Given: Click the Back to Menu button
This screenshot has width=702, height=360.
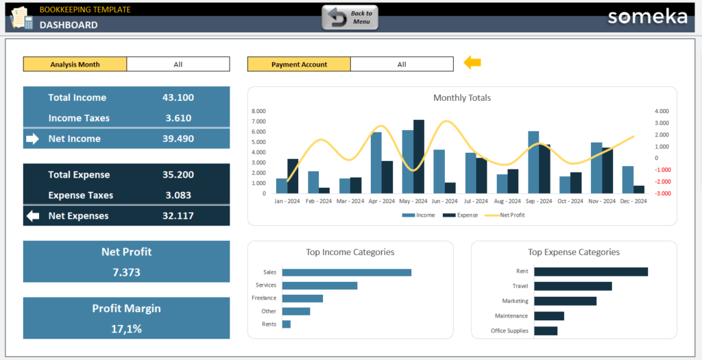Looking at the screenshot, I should (350, 18).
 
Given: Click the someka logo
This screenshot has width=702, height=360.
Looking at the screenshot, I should (647, 17).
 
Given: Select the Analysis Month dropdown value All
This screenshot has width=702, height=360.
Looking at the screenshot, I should (178, 64).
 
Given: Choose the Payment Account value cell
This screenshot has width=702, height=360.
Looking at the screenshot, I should (402, 64).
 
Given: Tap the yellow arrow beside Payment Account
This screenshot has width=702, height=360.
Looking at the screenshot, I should (472, 63).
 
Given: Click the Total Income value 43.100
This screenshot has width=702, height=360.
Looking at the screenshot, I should (178, 97).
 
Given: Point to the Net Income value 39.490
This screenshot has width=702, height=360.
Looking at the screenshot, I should (178, 139).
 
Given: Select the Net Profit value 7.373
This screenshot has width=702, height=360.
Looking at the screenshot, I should (126, 272).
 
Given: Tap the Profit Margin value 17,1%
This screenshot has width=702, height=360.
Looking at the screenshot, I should (126, 329).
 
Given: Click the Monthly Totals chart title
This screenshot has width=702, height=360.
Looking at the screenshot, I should (462, 98).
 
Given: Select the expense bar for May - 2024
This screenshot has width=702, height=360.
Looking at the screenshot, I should (419, 157).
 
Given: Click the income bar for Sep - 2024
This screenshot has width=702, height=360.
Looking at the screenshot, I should (533, 163).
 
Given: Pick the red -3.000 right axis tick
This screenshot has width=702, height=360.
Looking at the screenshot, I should (662, 193).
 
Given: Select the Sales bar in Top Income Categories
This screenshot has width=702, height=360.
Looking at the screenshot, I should (346, 272).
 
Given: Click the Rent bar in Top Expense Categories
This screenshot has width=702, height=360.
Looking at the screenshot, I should (590, 272).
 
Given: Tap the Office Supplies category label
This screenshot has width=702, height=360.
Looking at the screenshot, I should (510, 331).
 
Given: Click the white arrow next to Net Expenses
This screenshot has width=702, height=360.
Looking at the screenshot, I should (33, 216).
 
